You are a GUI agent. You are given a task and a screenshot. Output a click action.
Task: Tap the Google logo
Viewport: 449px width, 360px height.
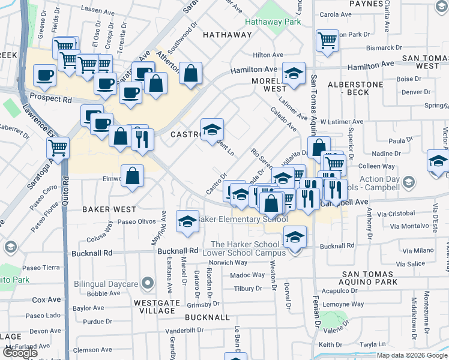pos(20,353)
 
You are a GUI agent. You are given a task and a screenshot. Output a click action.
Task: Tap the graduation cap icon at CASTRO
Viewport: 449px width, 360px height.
pos(212,129)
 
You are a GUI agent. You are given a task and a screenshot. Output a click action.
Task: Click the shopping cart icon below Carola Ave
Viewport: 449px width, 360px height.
pos(327,40)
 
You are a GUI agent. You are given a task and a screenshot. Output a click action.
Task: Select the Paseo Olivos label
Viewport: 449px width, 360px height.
pos(136,222)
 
